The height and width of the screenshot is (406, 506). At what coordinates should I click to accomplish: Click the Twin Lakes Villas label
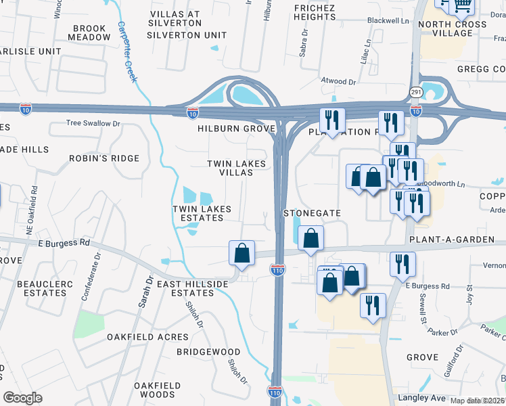point(229,168)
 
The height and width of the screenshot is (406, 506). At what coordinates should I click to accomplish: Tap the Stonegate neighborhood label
point(311,212)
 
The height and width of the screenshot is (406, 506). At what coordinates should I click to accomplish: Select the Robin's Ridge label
point(104,158)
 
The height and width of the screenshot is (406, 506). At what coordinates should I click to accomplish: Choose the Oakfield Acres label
point(147,337)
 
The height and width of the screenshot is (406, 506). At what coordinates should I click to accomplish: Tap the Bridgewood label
point(208,352)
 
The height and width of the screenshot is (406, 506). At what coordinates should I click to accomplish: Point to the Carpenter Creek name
point(127,51)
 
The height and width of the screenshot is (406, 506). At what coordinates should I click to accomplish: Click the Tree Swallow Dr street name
point(93,123)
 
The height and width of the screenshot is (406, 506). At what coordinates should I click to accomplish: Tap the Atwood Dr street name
point(338,81)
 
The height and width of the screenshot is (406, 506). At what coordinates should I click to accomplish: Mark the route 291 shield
point(415,91)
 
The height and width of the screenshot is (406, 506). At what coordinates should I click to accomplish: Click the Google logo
point(23,398)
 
